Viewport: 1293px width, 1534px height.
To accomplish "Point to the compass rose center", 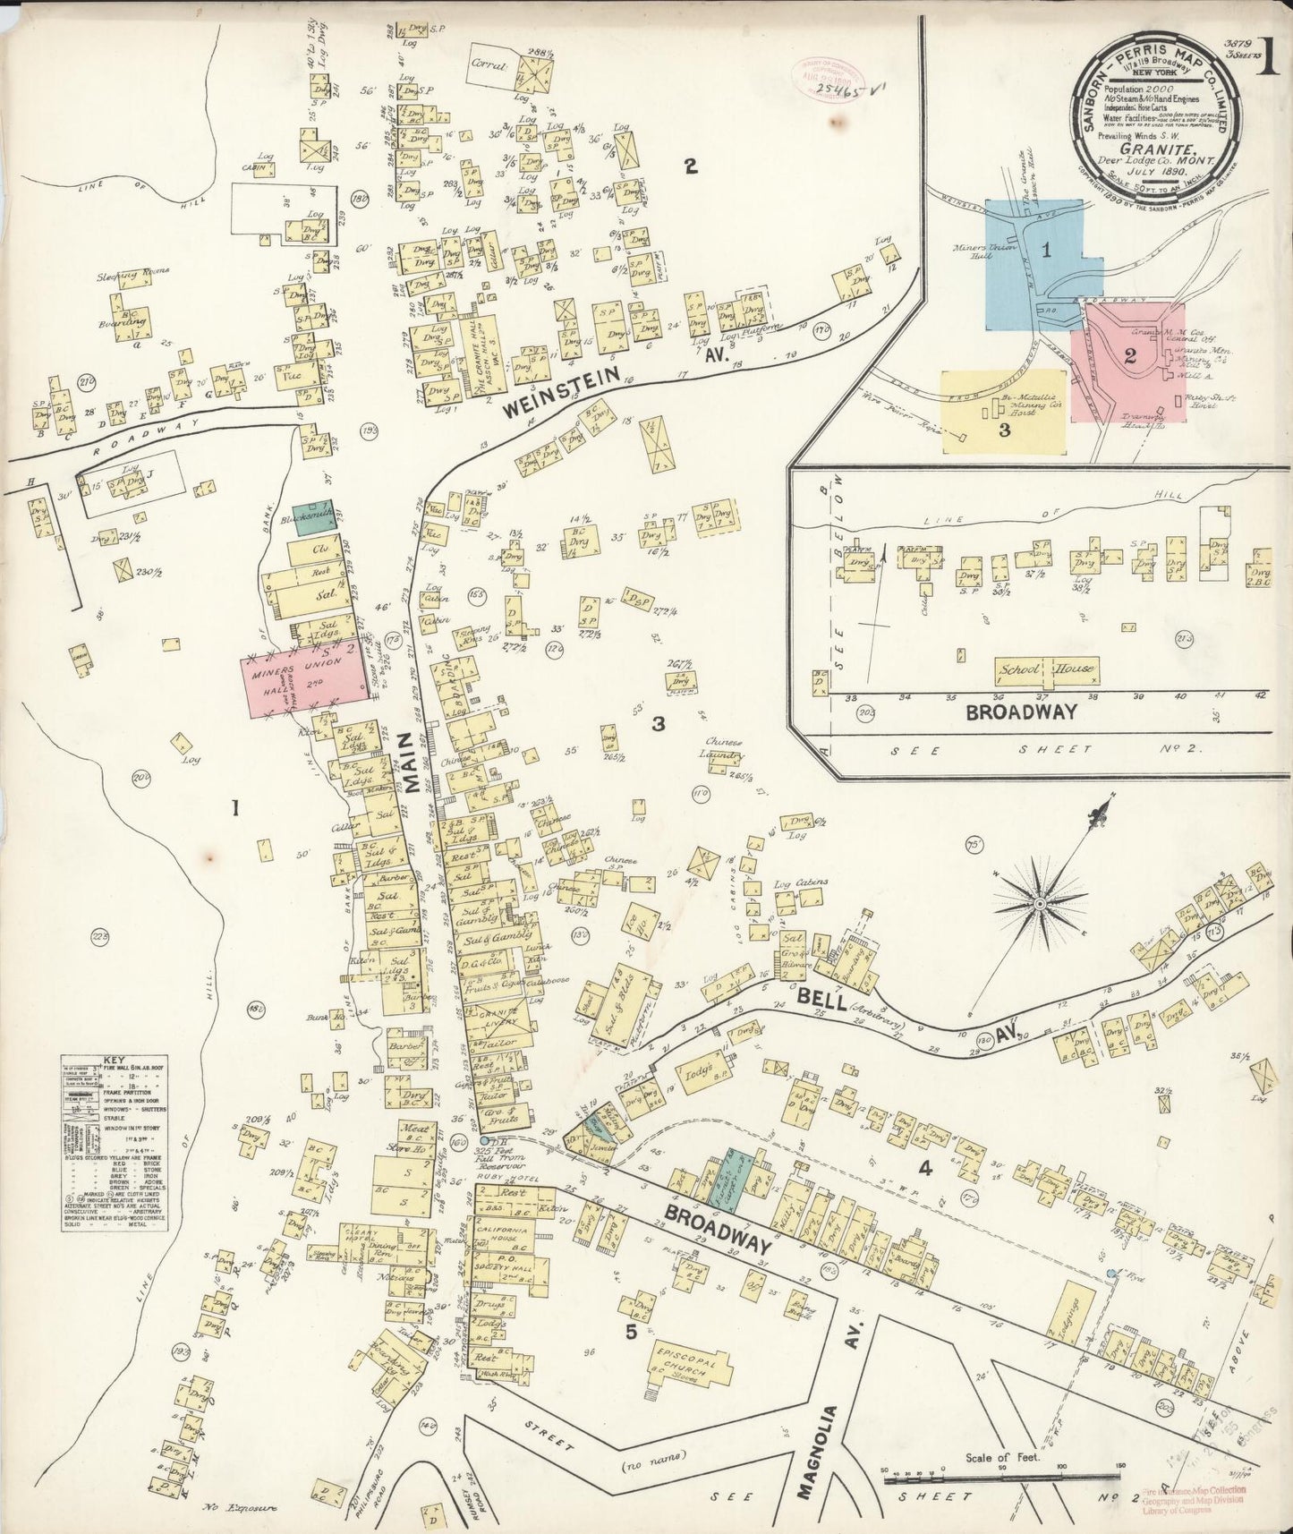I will point(1040,906).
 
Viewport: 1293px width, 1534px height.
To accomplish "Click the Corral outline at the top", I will point(489,67).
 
